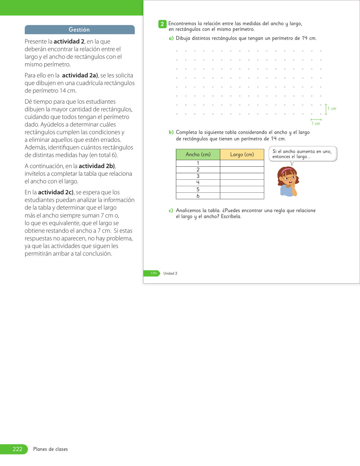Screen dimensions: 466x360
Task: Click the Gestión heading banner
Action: coord(80,30)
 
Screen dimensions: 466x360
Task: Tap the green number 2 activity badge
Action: coord(162,24)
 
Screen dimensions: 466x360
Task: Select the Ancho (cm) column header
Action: coord(198,154)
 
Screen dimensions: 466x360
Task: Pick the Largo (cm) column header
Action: coord(242,154)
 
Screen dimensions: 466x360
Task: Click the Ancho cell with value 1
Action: coord(198,163)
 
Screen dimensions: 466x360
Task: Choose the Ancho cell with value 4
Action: coord(198,183)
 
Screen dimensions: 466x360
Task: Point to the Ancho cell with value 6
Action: coord(198,196)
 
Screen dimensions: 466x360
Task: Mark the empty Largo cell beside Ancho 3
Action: coord(242,176)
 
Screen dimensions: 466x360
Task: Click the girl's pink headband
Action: coord(288,170)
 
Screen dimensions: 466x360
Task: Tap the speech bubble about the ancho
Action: coord(303,154)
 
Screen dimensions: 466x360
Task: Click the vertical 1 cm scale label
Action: coord(332,109)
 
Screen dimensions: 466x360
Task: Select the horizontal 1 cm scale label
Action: coord(316,124)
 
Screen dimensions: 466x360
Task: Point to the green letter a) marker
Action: coord(171,38)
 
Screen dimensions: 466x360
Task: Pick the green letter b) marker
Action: coord(171,132)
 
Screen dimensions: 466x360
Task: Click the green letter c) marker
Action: coord(171,211)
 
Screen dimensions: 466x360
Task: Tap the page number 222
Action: coord(17,449)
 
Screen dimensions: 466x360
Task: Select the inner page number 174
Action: coord(154,273)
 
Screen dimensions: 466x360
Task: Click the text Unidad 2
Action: coord(170,273)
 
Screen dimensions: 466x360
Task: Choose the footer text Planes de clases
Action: coord(51,449)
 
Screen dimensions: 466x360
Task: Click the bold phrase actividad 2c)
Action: coord(56,192)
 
